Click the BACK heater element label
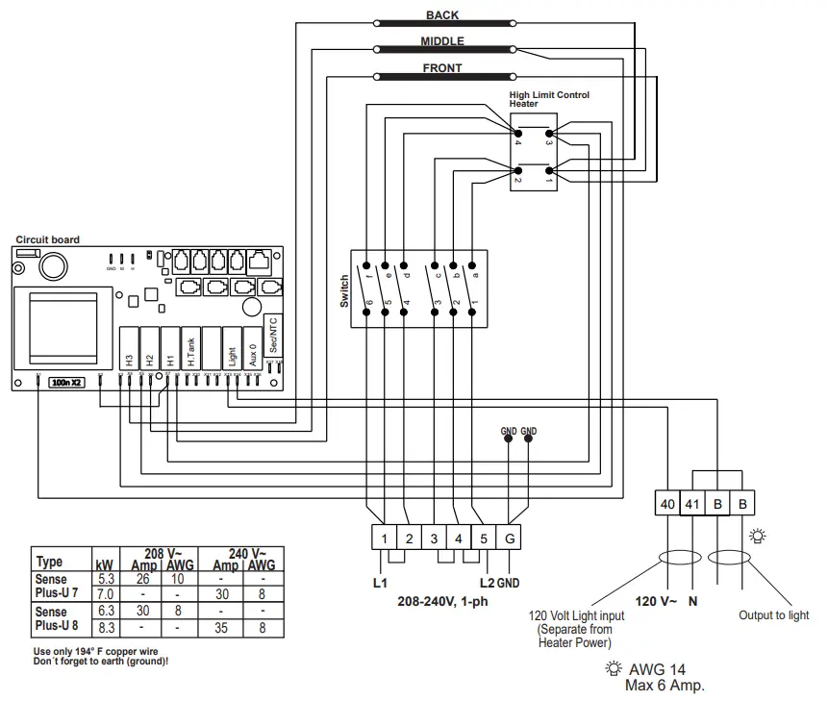(442, 15)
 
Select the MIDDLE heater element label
(442, 41)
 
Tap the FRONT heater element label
(442, 68)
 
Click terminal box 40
(666, 503)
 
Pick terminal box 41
(691, 503)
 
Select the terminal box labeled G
(509, 538)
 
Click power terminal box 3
(434, 538)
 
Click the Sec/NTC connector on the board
(273, 336)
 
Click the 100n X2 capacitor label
(67, 382)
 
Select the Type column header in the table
(49, 563)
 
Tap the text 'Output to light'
(773, 615)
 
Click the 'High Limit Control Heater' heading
(549, 99)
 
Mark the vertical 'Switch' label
(344, 292)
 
